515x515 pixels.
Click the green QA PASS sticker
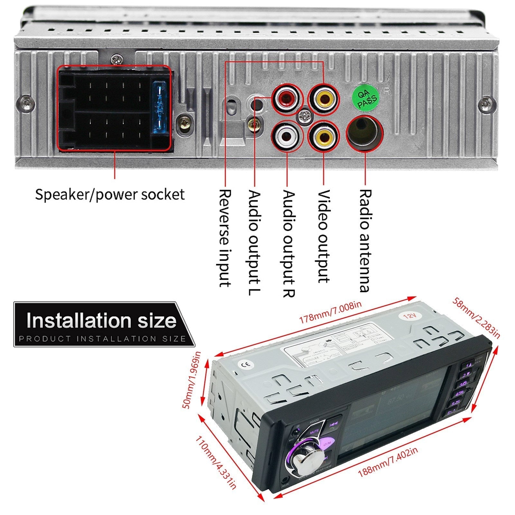tap(365, 96)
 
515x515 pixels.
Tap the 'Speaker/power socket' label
tap(110, 195)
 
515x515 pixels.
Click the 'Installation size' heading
tap(101, 321)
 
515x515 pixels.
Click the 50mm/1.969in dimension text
tap(192, 380)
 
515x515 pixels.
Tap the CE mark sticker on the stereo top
tap(250, 365)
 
